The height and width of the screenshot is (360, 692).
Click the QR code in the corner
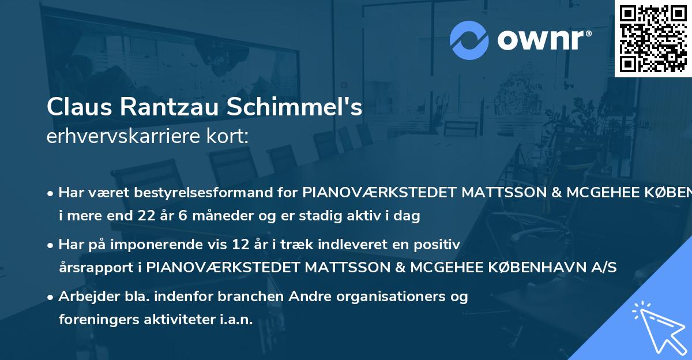point(653,38)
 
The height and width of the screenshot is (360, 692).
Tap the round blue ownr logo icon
point(470,40)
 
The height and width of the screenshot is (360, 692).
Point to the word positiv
point(440,245)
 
